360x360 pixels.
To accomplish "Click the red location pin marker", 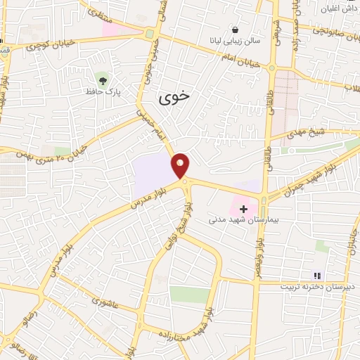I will point(181,165).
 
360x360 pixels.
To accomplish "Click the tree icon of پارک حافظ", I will point(103,77).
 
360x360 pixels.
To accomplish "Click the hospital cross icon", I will point(244,209).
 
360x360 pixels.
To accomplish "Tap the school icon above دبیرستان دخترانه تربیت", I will point(316,275).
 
